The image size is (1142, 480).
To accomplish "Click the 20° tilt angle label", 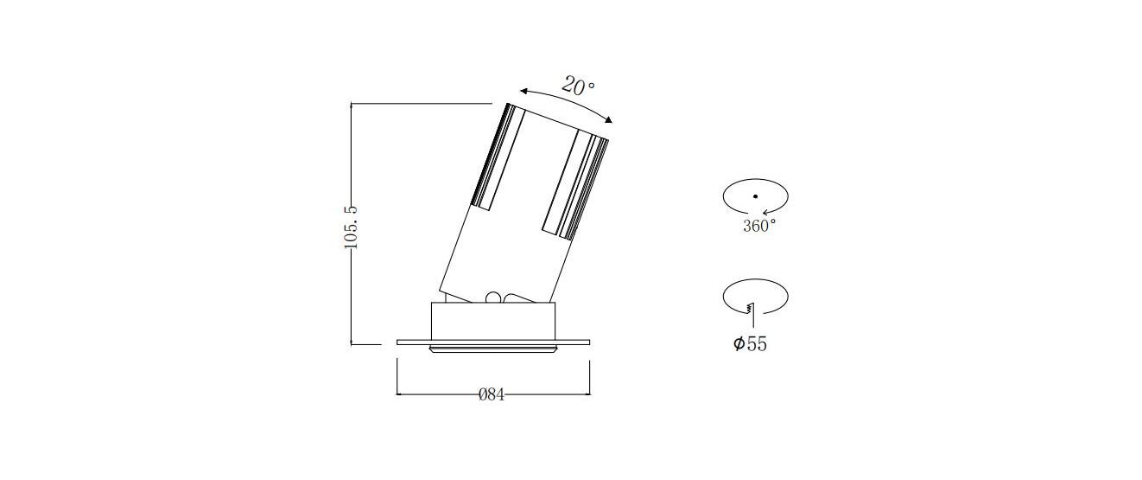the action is [x=578, y=86].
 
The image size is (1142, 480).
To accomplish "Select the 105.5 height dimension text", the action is [x=352, y=227].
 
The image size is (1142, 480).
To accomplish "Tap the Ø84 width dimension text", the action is [x=492, y=394].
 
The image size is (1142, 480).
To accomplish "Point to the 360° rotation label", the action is [x=759, y=226].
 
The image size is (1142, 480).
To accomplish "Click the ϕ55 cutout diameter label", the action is [x=750, y=343].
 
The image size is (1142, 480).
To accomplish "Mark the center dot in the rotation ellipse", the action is [x=755, y=196].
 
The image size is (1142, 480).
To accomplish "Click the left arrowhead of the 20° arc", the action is [x=524, y=92].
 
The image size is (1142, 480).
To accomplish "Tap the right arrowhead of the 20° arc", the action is [x=608, y=119].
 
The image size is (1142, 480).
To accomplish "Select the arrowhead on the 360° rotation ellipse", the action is [x=765, y=213].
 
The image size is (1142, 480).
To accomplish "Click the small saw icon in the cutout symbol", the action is [x=750, y=308].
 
